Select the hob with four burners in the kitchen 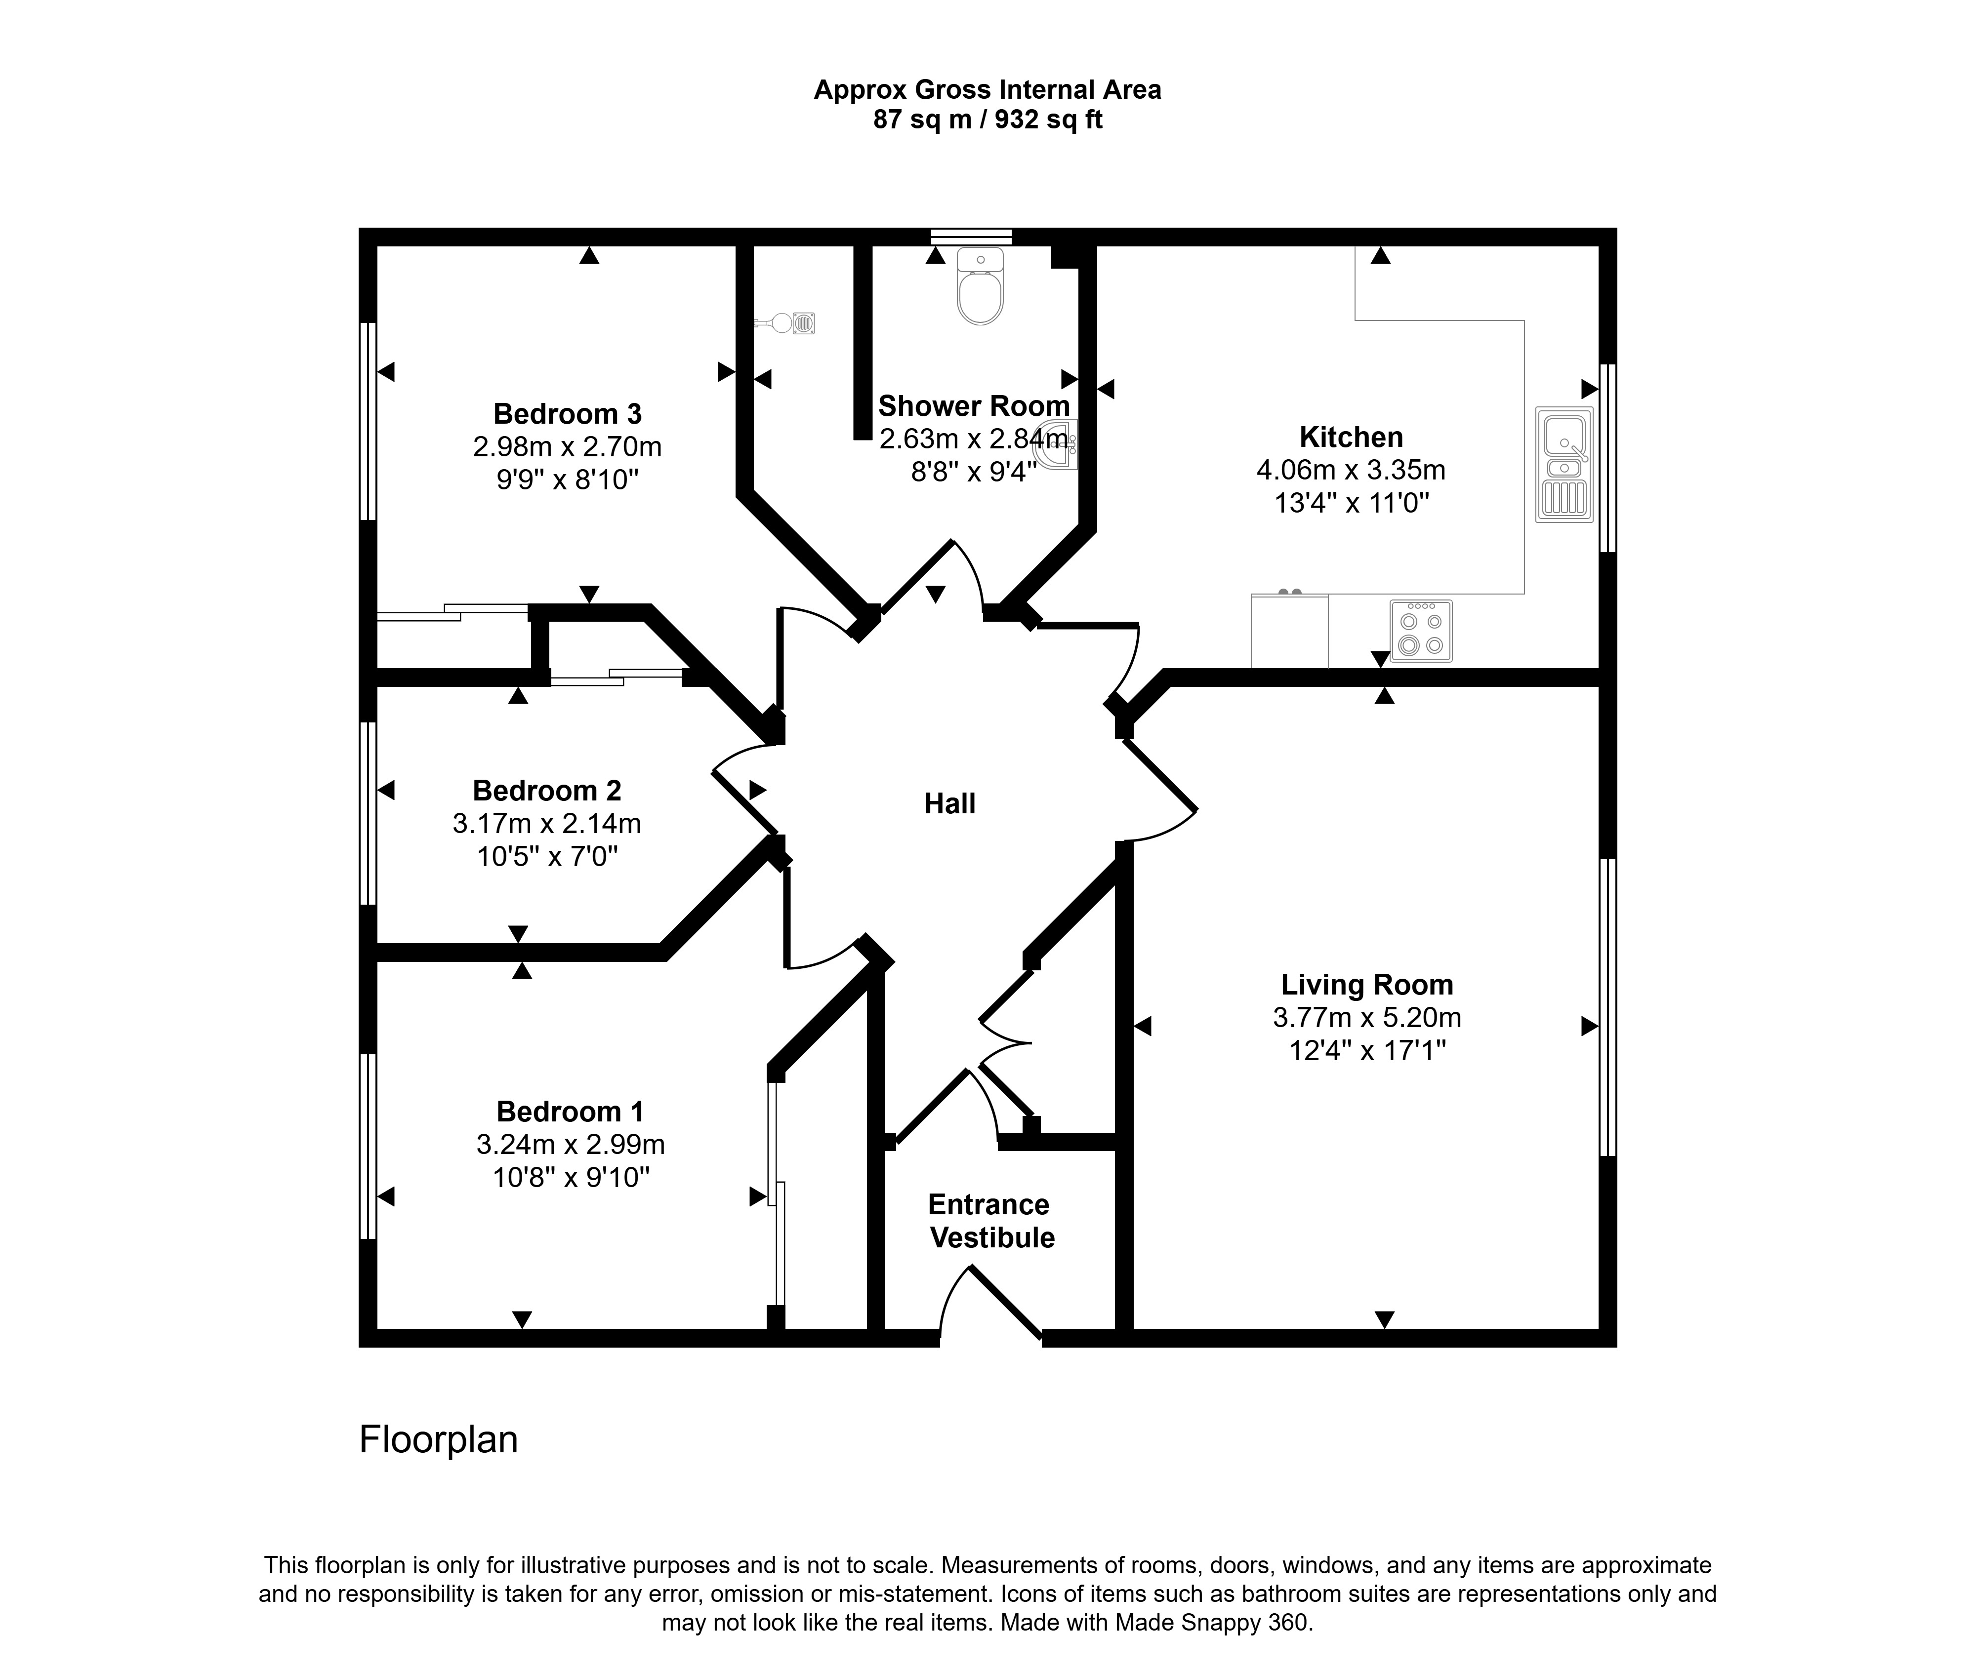(x=1421, y=630)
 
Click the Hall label (x=950, y=804)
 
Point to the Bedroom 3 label (x=568, y=414)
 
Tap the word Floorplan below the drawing (x=439, y=1439)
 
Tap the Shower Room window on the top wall (x=971, y=237)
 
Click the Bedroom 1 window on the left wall (x=368, y=1146)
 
